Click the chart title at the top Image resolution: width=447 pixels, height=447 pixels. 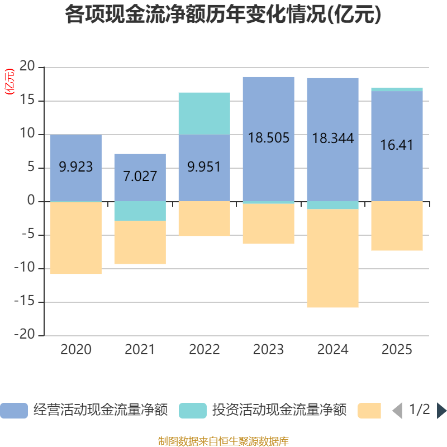coord(223,15)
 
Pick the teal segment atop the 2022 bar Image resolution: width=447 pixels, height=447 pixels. coord(204,113)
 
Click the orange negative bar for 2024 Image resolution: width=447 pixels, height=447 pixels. coord(332,258)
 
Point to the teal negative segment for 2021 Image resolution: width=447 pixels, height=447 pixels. coord(140,211)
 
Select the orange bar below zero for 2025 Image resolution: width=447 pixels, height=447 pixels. coord(397,226)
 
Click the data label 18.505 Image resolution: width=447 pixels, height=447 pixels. coord(268,138)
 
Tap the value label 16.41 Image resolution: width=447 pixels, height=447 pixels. coord(397,145)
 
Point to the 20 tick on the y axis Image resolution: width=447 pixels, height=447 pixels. coord(27,67)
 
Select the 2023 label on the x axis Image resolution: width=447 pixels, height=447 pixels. coord(268,350)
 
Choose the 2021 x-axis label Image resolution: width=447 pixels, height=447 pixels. coord(140,350)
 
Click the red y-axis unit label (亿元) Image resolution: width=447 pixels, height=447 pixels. coord(9,82)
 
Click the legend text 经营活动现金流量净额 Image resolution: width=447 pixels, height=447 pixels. coord(101,410)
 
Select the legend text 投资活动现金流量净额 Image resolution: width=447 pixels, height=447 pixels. coord(279,410)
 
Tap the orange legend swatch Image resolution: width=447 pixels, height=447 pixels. coord(369,410)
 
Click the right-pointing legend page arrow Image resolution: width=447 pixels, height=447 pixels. coord(441,410)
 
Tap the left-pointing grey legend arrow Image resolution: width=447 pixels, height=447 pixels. coord(397,410)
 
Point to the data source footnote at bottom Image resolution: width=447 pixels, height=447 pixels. coord(223,441)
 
